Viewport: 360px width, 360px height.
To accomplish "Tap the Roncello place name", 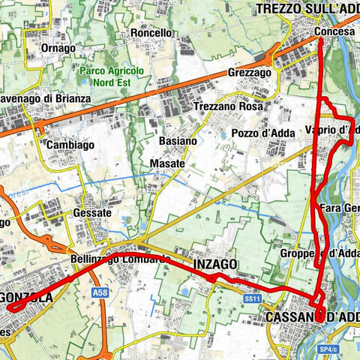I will coord(151,33).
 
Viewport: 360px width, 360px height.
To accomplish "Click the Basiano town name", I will coord(178,140).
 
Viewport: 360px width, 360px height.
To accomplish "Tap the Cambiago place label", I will coord(70,145).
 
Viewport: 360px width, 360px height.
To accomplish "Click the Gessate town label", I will coord(92,213).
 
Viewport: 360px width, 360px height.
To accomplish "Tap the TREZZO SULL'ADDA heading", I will coord(307,9).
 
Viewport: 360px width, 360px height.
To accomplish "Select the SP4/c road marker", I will coord(327,349).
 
